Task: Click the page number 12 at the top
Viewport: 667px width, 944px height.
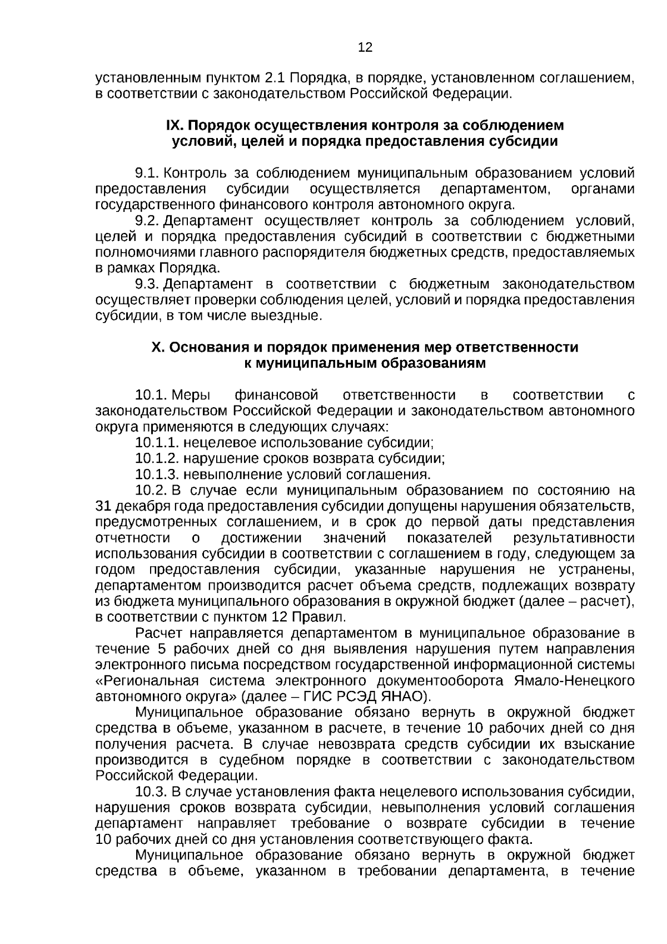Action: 365,48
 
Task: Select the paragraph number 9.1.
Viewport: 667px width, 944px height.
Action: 147,173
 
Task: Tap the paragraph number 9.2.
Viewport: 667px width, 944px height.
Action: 147,221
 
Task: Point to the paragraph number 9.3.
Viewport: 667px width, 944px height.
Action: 147,284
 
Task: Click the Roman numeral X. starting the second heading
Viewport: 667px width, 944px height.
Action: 158,348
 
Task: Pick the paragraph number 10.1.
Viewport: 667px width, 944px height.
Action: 151,396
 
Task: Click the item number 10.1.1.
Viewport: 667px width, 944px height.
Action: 157,443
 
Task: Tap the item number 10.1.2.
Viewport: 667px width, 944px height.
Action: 157,459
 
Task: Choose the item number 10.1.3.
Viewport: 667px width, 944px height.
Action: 157,475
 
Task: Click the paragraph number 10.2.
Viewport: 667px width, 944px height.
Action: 151,491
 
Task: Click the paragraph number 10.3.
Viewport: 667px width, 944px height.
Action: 151,792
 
